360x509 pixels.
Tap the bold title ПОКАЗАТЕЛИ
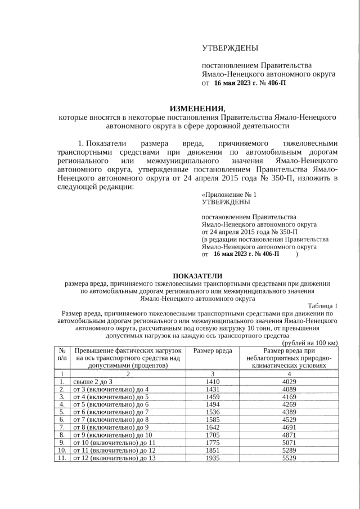[x=197, y=275]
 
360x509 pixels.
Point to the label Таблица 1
[x=323, y=305]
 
